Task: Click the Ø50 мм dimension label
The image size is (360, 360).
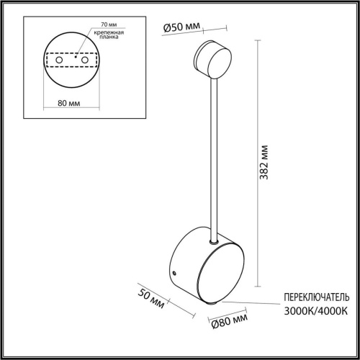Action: click(x=181, y=27)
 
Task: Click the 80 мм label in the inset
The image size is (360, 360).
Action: click(x=68, y=103)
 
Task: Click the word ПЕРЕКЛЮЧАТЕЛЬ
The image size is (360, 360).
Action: click(x=316, y=297)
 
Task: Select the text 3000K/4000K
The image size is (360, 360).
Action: click(x=316, y=310)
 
